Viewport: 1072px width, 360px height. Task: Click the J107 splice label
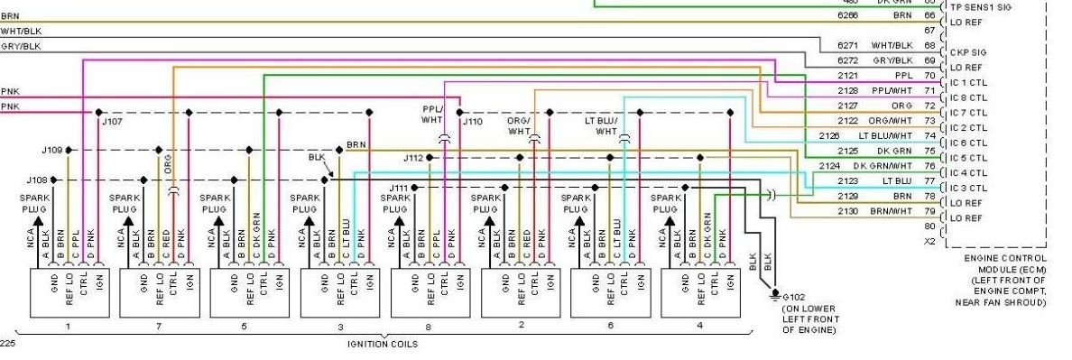(x=114, y=120)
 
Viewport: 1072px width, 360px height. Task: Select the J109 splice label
(x=52, y=150)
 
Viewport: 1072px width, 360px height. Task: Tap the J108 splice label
(x=38, y=180)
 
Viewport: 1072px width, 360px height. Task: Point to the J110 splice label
(x=473, y=120)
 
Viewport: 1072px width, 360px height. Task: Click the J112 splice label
(x=413, y=156)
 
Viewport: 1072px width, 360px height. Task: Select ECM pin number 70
(x=929, y=75)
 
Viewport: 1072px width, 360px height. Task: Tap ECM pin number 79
(x=929, y=210)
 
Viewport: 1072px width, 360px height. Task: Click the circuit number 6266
(x=847, y=15)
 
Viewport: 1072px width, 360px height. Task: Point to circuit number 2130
(x=847, y=210)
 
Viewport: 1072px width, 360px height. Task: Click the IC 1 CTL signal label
(x=966, y=83)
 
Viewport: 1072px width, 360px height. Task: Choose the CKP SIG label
(x=966, y=52)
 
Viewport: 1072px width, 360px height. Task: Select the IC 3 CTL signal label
(x=966, y=188)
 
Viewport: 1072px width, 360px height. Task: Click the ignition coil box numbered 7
(x=157, y=293)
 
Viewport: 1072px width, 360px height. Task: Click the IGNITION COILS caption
(x=384, y=344)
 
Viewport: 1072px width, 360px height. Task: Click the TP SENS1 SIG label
(x=979, y=6)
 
